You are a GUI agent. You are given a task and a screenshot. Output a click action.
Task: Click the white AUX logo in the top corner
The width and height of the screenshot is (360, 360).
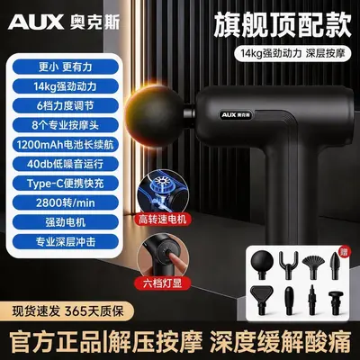click(x=36, y=22)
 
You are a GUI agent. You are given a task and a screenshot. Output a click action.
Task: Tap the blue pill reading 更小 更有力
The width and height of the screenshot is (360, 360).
click(x=66, y=67)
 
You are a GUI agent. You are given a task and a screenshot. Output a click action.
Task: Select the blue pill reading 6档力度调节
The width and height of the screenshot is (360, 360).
click(x=66, y=106)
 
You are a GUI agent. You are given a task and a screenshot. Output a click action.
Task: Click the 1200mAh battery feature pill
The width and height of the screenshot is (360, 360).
click(x=66, y=145)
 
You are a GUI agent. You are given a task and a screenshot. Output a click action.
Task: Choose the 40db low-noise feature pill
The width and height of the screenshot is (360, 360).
click(x=66, y=164)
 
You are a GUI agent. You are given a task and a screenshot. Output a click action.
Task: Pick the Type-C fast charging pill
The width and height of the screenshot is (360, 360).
click(x=66, y=184)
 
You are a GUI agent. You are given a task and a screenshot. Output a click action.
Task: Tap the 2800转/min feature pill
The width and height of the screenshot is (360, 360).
click(x=66, y=202)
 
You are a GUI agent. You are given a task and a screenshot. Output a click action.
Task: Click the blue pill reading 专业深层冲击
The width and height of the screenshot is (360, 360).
click(x=66, y=242)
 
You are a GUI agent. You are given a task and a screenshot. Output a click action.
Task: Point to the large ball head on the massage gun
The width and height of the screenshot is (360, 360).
click(x=155, y=117)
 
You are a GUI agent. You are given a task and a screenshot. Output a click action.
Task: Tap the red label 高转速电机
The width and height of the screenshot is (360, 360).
click(x=162, y=220)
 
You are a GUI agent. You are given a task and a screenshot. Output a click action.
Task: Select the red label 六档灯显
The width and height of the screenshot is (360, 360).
click(x=162, y=283)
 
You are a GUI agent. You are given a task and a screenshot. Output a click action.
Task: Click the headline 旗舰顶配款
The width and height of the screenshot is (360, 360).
click(x=283, y=25)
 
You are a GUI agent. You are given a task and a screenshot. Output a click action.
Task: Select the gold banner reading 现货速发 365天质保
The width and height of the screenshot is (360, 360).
click(x=67, y=311)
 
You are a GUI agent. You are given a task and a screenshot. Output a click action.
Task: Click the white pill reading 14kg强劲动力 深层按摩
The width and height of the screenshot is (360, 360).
click(x=292, y=54)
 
